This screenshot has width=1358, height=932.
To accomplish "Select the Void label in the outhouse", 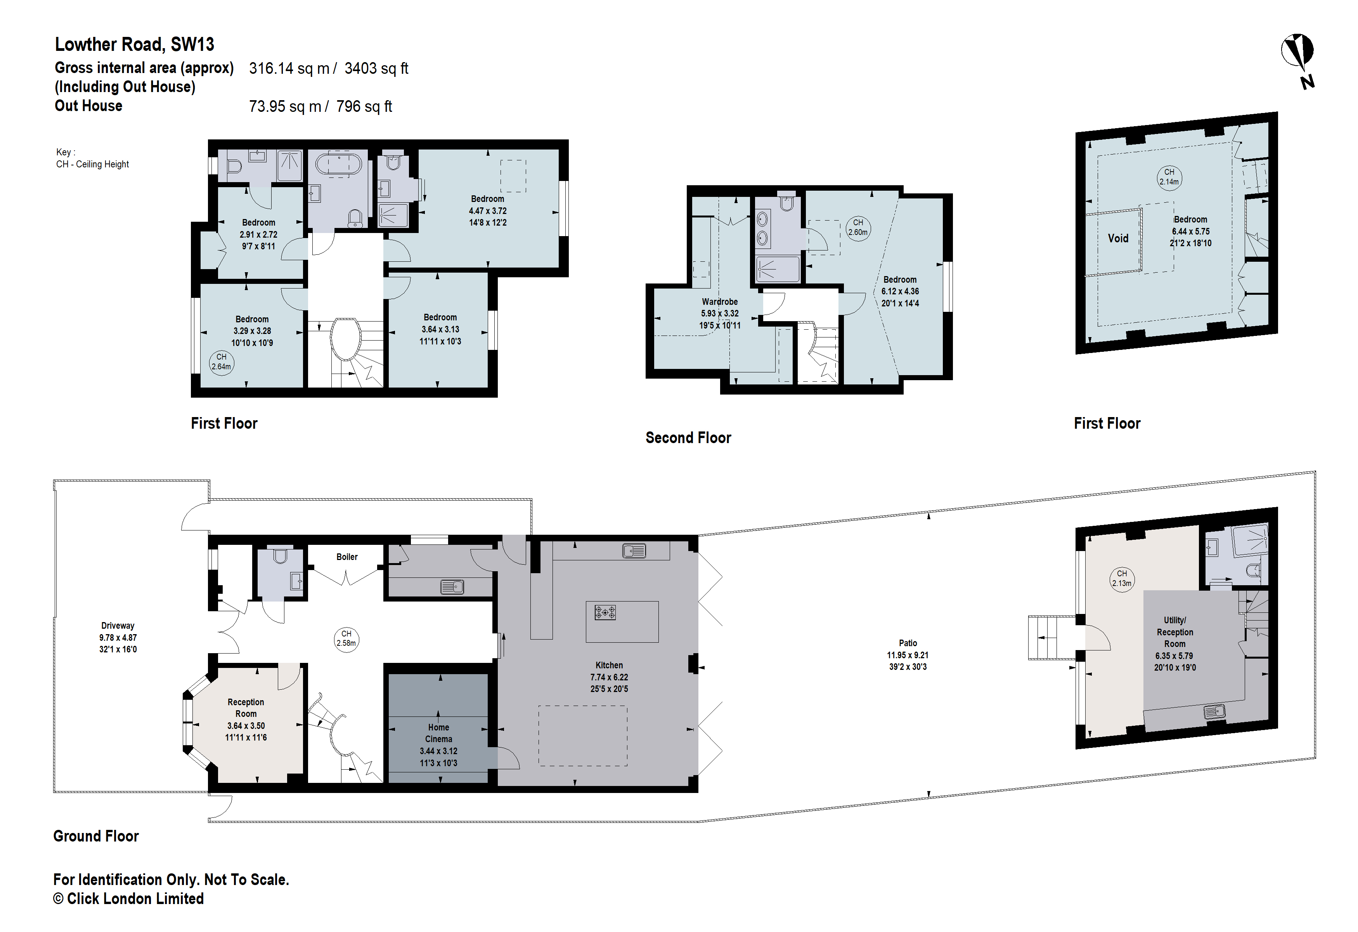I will tap(1117, 238).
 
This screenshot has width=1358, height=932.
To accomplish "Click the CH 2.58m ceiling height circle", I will tap(346, 638).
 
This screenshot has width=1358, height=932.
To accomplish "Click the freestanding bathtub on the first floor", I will tap(338, 163).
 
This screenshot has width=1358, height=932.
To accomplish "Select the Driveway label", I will tap(118, 626).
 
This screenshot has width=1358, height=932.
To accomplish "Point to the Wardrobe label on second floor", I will tap(719, 302).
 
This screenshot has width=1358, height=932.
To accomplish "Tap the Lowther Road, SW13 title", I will tap(134, 44).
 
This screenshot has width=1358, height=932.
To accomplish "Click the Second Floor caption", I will tap(688, 438).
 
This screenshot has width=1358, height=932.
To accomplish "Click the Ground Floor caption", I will tap(96, 836).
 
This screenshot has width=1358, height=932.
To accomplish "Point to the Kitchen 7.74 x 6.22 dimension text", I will tap(609, 677).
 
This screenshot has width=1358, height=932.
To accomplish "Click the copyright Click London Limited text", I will tap(128, 899).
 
